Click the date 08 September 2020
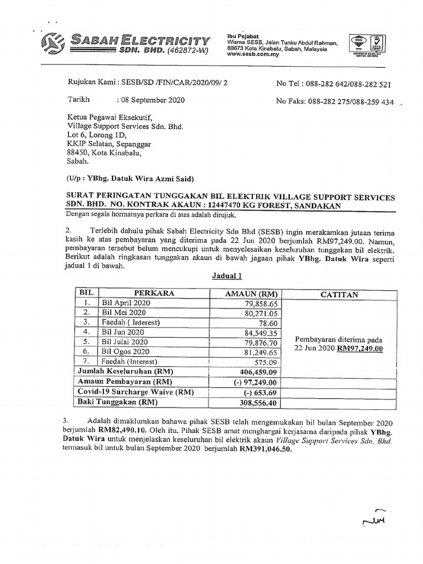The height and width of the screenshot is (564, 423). tap(152, 100)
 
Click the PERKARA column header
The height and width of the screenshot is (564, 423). tap(154, 294)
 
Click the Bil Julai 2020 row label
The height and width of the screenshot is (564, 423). tap(125, 341)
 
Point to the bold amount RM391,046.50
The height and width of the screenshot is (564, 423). tap(264, 449)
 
